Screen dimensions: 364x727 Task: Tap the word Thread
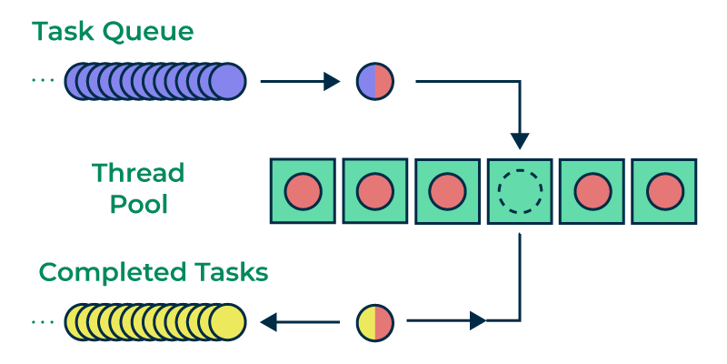click(138, 173)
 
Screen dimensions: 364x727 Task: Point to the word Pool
click(139, 204)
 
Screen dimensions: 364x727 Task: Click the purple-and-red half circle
click(374, 82)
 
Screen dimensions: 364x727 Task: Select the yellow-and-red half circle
click(374, 321)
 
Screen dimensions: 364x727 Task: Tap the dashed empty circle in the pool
click(519, 191)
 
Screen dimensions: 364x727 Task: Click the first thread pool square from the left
click(303, 191)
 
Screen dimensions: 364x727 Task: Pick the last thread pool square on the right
click(663, 191)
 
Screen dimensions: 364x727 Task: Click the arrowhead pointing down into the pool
click(519, 140)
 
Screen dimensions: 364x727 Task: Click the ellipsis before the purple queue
click(43, 82)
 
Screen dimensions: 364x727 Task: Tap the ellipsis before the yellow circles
click(43, 322)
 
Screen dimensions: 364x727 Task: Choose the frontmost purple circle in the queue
click(227, 82)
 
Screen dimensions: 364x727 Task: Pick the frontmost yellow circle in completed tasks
click(227, 322)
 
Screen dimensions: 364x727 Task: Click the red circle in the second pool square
click(374, 191)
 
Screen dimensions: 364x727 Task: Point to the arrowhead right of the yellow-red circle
click(478, 321)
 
